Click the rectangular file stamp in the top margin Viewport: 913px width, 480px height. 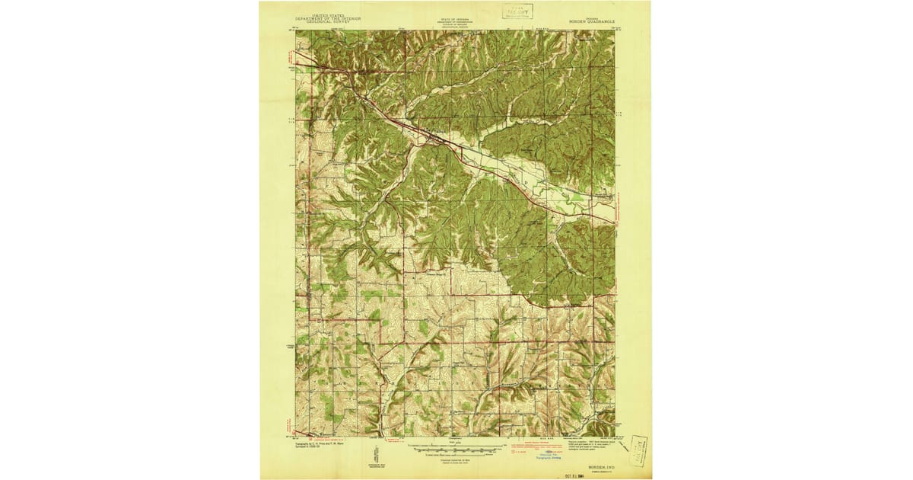pyautogui.click(x=517, y=11)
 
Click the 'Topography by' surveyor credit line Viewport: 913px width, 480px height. pyautogui.click(x=319, y=442)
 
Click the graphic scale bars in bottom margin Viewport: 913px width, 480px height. pyautogui.click(x=455, y=450)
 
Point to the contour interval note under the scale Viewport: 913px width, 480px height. pyautogui.click(x=455, y=457)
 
